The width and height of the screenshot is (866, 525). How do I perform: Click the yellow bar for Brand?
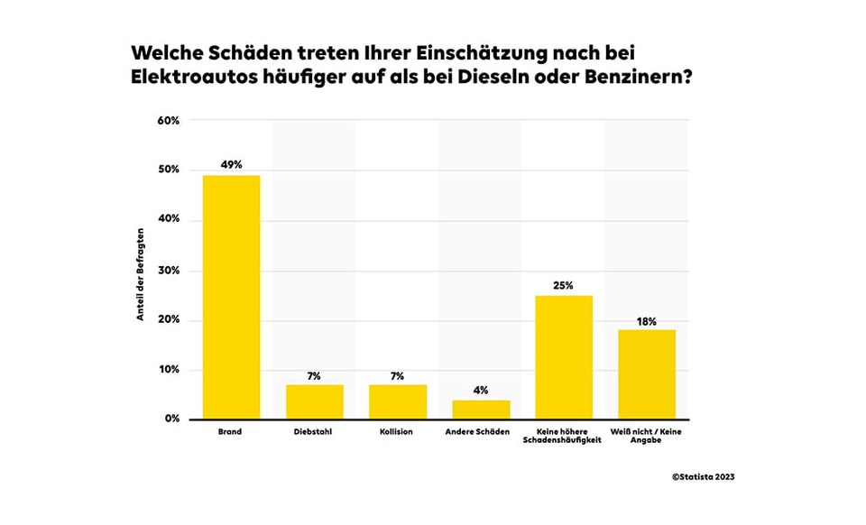point(231,298)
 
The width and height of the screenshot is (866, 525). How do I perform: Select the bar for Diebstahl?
point(315,402)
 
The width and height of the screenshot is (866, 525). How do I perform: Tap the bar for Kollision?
point(398,402)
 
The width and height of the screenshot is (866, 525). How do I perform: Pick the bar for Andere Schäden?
point(481,410)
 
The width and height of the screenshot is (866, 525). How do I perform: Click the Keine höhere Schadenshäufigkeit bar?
point(564,357)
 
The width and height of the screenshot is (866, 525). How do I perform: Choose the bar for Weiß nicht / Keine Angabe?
point(647,374)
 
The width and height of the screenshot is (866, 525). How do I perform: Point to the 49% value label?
point(231,165)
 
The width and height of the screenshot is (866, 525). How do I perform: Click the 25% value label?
point(564,286)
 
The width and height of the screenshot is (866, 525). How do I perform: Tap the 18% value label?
point(647,320)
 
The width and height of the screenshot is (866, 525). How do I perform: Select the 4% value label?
point(481,391)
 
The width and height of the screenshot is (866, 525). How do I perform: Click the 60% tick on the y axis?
point(169,120)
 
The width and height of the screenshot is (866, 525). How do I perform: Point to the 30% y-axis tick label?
point(169,271)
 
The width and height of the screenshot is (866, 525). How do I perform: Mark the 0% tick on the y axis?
point(171,419)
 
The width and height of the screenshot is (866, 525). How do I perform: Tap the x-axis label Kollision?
point(398,432)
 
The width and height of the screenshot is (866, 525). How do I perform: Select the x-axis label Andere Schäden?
point(481,432)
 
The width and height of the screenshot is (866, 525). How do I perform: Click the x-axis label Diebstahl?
point(315,432)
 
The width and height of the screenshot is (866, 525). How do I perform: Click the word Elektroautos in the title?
point(193,78)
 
